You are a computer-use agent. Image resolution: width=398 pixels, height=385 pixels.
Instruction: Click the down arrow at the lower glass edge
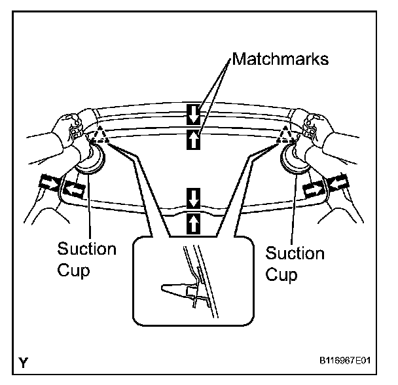[193, 196]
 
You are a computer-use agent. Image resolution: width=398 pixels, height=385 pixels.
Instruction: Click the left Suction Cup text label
[86, 258]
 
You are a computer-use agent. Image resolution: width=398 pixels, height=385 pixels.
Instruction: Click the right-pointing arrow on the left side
[50, 181]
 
